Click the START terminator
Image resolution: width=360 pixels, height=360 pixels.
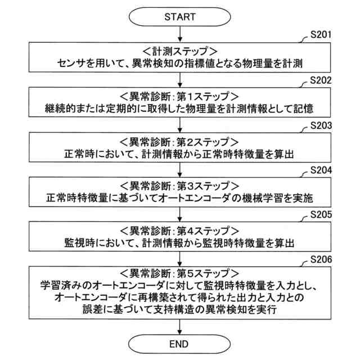(180, 17)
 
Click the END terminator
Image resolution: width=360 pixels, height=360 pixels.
(180, 344)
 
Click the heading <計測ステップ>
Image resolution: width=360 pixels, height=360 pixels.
(180, 49)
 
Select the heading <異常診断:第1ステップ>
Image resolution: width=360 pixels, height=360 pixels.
(180, 94)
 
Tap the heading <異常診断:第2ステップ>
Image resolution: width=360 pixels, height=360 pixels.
(180, 139)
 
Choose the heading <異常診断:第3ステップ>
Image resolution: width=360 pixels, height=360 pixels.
(180, 184)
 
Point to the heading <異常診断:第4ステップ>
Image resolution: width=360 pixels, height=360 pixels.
(180, 229)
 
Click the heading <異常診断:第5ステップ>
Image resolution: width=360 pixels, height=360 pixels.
(180, 274)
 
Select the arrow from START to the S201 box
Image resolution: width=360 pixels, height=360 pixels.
(180, 34)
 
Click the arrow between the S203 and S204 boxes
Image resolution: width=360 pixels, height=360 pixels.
(180, 169)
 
